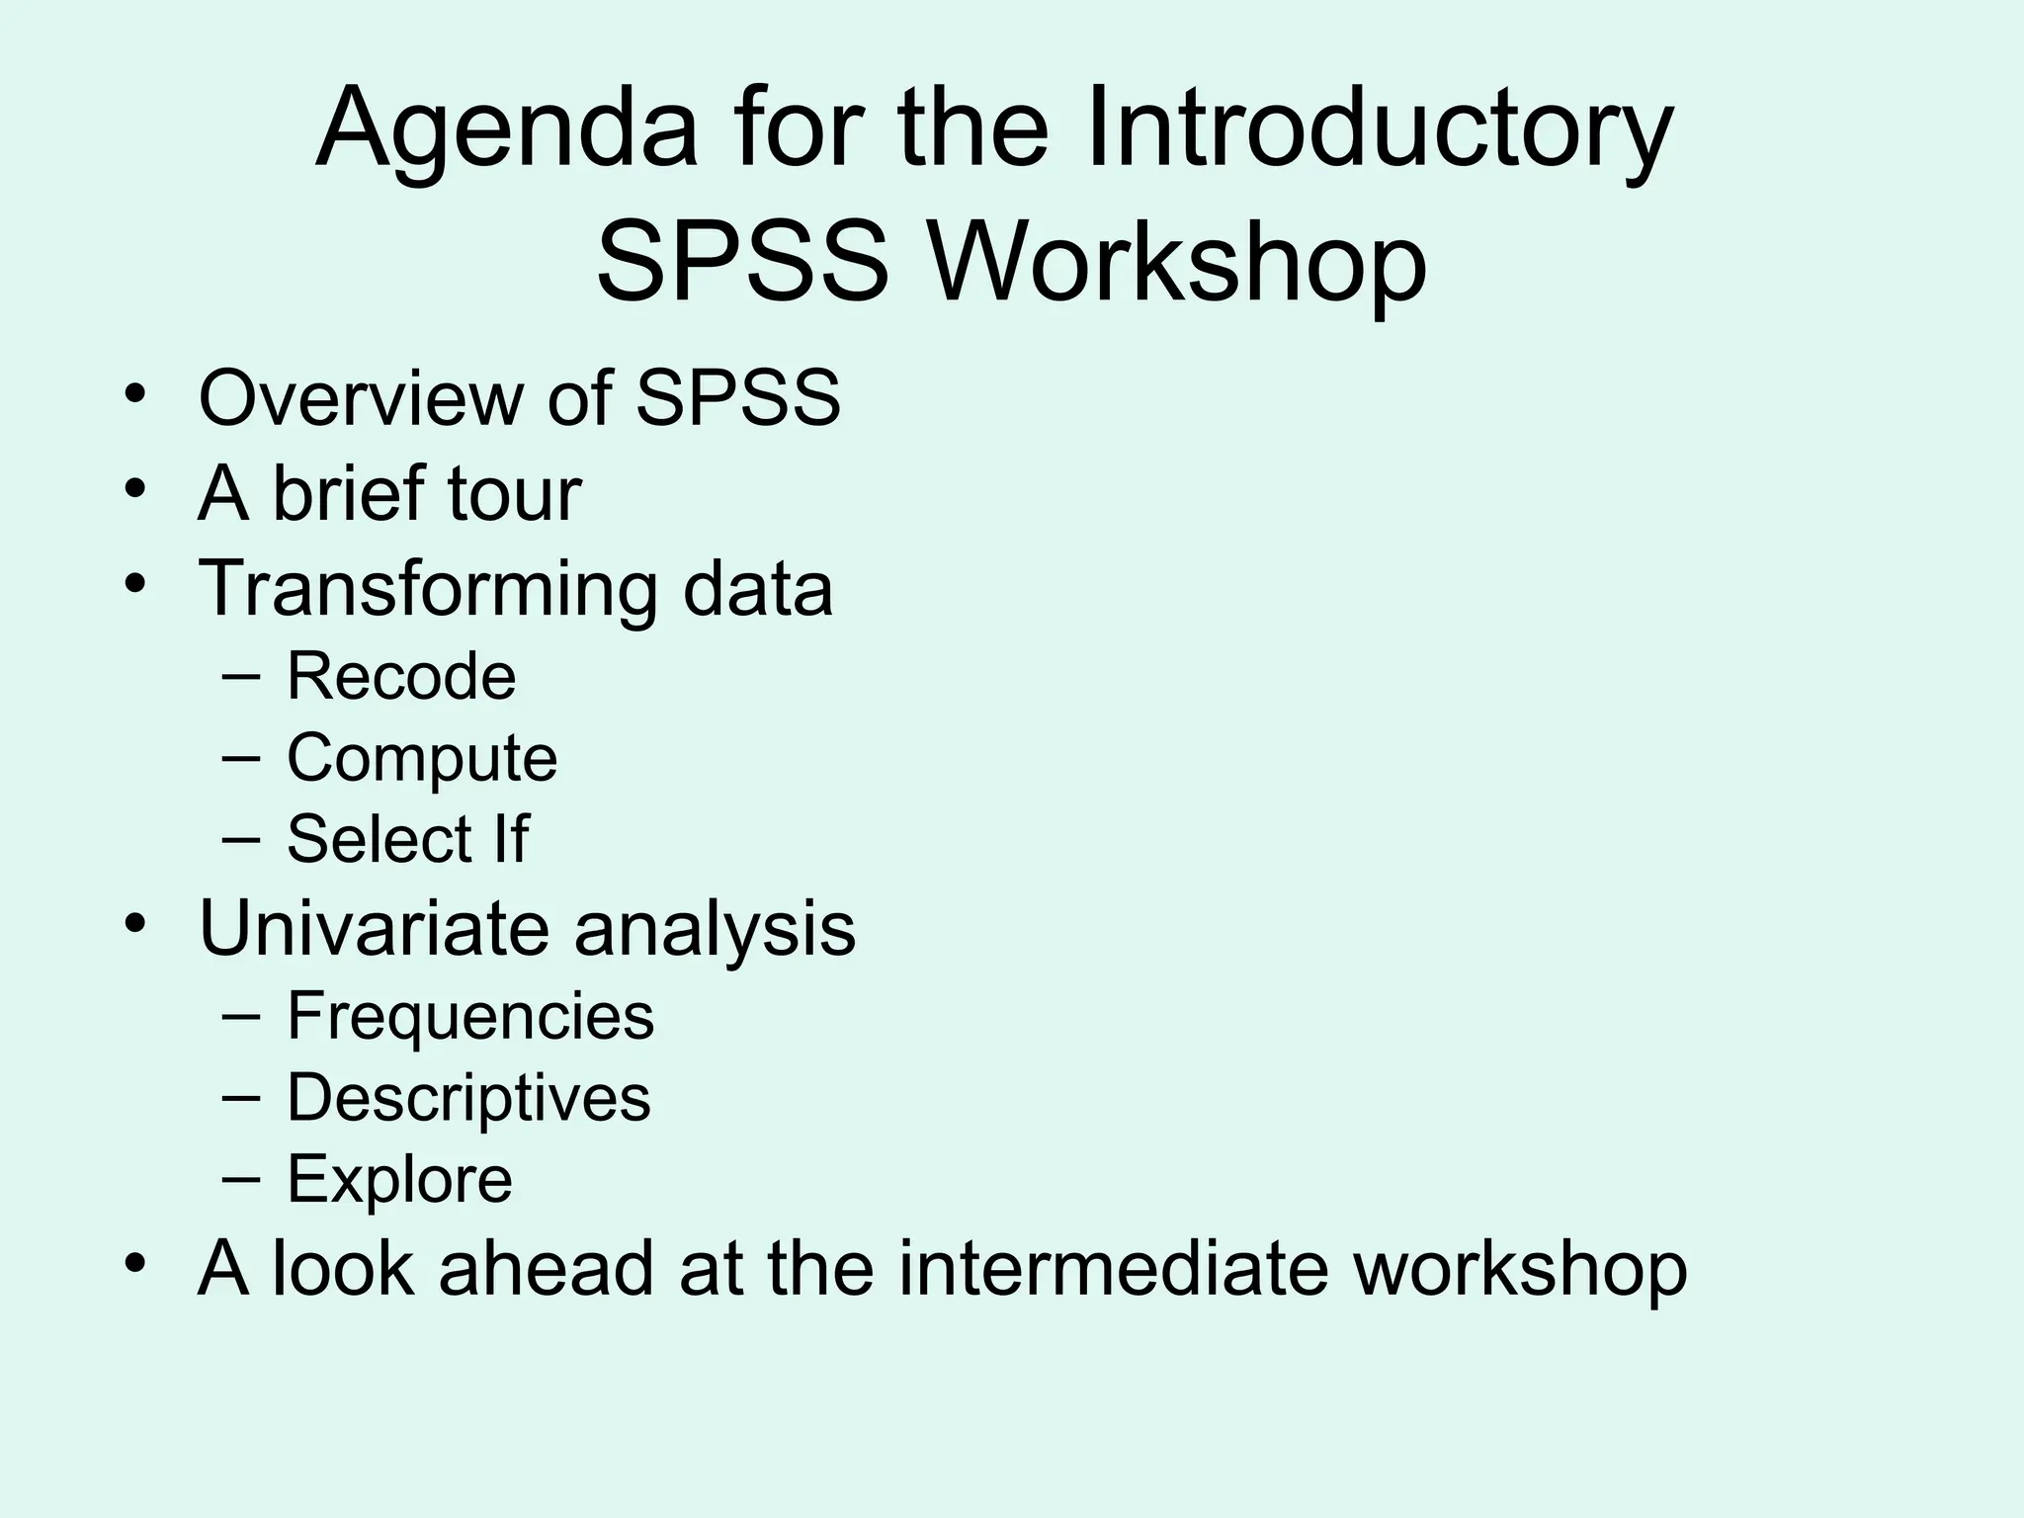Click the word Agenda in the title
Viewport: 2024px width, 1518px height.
506,130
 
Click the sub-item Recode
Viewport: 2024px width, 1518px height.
401,677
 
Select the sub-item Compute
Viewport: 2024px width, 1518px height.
422,759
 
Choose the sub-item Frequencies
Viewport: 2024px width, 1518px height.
470,1016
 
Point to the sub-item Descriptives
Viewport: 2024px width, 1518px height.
468,1098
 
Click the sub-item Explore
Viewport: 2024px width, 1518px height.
399,1179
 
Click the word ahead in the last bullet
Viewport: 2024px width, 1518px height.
547,1269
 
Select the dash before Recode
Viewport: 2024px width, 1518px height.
241,677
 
